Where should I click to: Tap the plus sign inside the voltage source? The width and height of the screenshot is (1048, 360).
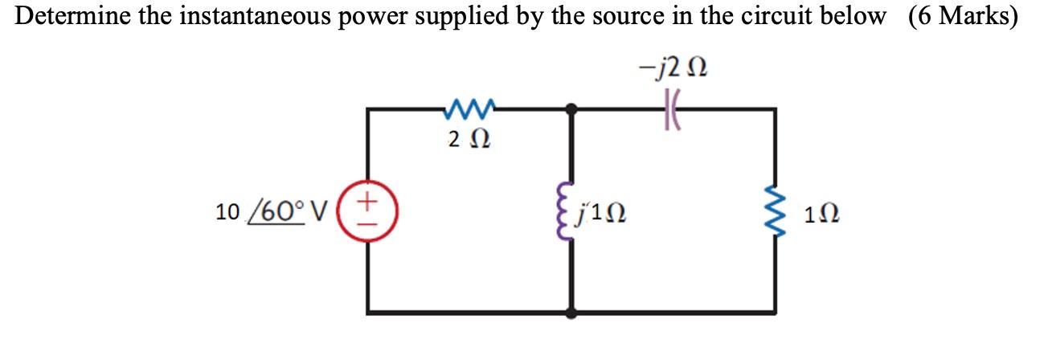click(x=370, y=198)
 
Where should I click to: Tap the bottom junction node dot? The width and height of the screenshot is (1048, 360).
click(x=571, y=311)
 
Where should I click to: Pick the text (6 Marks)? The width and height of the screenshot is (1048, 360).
click(x=963, y=17)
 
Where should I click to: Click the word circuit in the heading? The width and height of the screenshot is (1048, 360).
click(x=777, y=17)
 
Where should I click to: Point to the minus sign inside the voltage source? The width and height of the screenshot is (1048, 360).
click(x=370, y=221)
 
